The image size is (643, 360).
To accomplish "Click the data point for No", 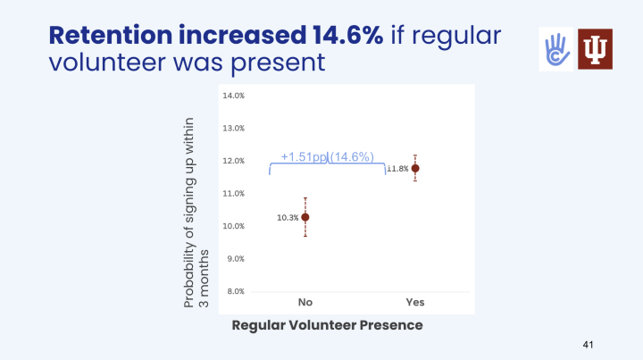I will pos(305,217).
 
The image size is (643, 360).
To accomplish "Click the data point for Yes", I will pos(415,168).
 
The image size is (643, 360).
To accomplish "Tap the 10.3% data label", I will pos(287,217).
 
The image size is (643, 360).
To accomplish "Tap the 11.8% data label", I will pos(397,169).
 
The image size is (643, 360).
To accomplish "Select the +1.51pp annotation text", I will pos(304,157).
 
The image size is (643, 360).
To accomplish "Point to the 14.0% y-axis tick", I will pos(233,96).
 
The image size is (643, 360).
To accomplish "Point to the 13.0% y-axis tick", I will pos(233,128).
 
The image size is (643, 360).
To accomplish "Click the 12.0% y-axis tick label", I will pos(233,161).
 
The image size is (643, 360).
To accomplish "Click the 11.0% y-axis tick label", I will pos(233,193).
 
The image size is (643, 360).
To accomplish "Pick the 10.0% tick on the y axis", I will pos(233,226).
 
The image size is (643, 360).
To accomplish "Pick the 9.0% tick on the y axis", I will pos(233,258).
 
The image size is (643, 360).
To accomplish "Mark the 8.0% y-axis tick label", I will pos(233,291).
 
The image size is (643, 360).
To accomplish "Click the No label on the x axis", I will pos(305,302).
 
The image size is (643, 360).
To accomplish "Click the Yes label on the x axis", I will pos(415,302).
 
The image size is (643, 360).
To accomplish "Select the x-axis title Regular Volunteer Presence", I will pos(327,325).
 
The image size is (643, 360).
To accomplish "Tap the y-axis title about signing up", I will pos(195,213).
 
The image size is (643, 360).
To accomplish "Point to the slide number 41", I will pos(587,344).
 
